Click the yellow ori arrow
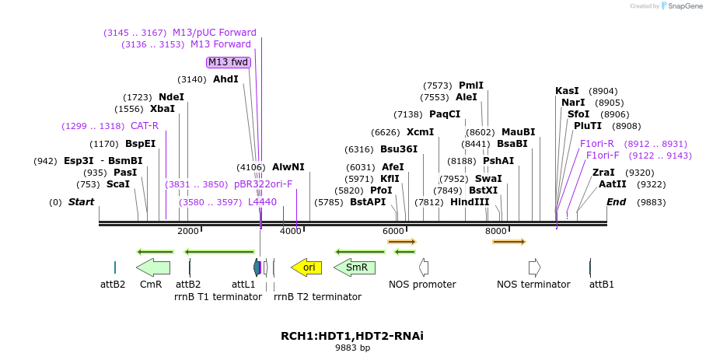tap(306, 267)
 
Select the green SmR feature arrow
tap(355, 267)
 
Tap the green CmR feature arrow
tap(153, 267)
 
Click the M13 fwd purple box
tap(229, 62)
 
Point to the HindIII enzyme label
tap(470, 202)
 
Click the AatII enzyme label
tap(612, 184)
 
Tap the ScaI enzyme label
tap(118, 184)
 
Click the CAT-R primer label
tap(145, 126)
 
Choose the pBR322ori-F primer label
tap(263, 184)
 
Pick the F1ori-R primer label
tap(597, 144)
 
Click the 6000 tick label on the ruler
tap(394, 231)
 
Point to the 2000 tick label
tap(188, 231)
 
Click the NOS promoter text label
tap(422, 285)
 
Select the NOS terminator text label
tap(533, 285)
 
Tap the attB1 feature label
tap(602, 285)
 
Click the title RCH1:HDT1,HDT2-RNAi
tap(352, 336)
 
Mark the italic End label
tap(616, 202)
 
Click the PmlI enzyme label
tap(471, 86)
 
